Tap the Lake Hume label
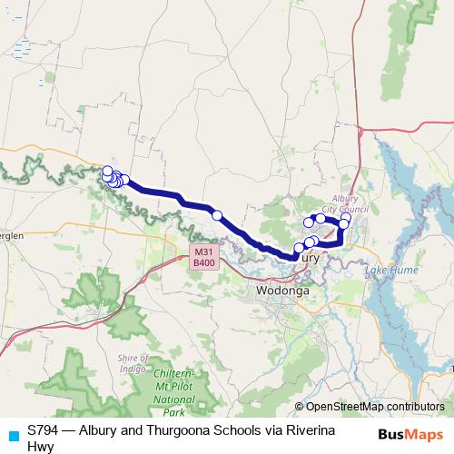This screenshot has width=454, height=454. coord(390,271)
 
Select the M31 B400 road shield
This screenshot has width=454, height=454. coord(203,257)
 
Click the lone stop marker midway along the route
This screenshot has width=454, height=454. coord(217,215)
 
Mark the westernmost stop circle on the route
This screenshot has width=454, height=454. coord(107,171)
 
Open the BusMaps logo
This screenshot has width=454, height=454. coord(411,433)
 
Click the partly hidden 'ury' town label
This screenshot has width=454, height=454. coord(311,258)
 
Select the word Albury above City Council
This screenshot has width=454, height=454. coord(347,197)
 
